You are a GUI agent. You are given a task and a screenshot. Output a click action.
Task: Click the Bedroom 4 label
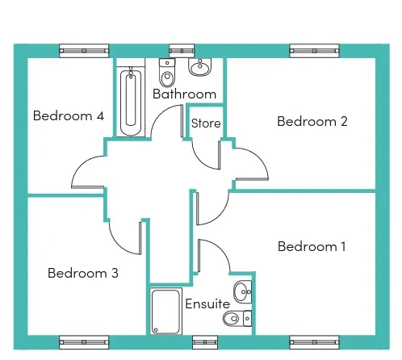pyautogui.click(x=69, y=115)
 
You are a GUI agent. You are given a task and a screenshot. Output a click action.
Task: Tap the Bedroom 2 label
pyautogui.click(x=312, y=121)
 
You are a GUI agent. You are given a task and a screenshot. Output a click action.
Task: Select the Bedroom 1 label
pyautogui.click(x=312, y=246)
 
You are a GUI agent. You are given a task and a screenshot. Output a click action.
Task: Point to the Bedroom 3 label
pyautogui.click(x=83, y=273)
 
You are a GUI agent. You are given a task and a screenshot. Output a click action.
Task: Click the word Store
pyautogui.click(x=206, y=123)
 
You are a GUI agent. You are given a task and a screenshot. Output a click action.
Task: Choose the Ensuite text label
pyautogui.click(x=207, y=303)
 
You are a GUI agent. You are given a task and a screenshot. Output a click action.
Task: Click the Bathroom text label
pyautogui.click(x=184, y=94)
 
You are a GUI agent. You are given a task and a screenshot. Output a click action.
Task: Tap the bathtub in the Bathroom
pyautogui.click(x=131, y=103)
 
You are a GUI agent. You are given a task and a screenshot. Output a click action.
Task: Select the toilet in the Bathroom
pyautogui.click(x=167, y=73)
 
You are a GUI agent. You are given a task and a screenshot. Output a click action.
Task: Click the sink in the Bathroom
pyautogui.click(x=200, y=67)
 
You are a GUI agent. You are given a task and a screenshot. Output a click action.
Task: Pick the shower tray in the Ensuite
pyautogui.click(x=165, y=312)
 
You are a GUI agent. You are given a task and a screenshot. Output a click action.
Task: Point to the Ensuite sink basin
pyautogui.click(x=242, y=292)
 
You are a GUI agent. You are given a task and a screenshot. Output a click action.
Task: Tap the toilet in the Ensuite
pyautogui.click(x=237, y=319)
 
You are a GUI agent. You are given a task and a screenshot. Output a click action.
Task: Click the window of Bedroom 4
pyautogui.click(x=84, y=51)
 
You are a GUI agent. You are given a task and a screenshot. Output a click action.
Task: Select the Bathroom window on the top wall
pyautogui.click(x=182, y=51)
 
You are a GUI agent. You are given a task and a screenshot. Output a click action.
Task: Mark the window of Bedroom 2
pyautogui.click(x=314, y=51)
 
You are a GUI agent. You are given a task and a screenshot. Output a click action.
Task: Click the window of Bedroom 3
pyautogui.click(x=84, y=342)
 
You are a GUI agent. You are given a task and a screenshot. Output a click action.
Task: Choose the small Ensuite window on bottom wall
pyautogui.click(x=205, y=342)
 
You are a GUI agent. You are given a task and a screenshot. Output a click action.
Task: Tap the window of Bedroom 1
pyautogui.click(x=314, y=342)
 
